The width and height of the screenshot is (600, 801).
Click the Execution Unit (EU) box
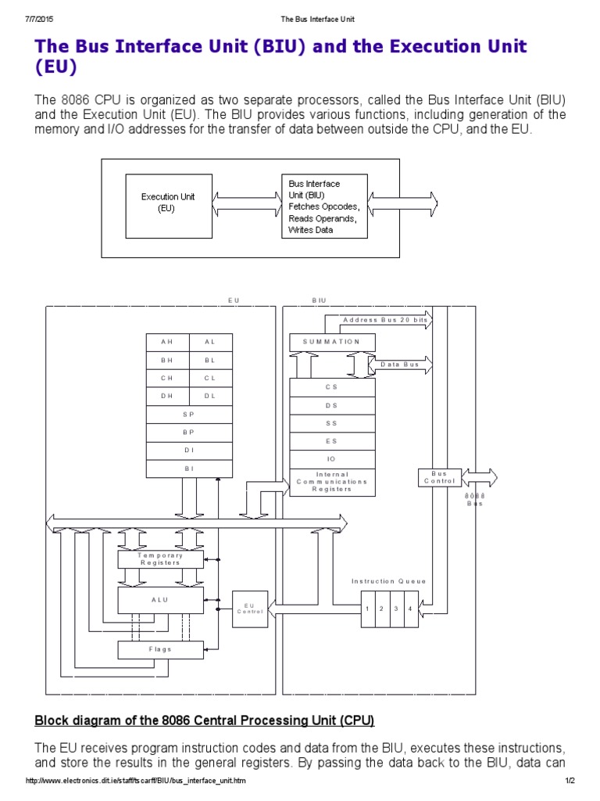click(168, 203)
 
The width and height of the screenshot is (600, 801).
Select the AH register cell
click(168, 342)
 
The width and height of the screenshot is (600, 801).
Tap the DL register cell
click(210, 396)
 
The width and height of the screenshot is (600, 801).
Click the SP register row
click(189, 414)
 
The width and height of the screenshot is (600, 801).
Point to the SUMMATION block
click(332, 342)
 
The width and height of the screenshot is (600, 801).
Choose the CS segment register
click(332, 387)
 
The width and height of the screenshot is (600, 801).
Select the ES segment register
click(332, 441)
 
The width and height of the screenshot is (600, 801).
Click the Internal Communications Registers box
click(332, 482)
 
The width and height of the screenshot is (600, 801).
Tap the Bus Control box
click(439, 477)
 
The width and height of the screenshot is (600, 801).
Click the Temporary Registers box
click(160, 559)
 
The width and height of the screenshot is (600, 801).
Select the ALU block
click(160, 600)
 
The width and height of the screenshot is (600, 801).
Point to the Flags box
click(160, 649)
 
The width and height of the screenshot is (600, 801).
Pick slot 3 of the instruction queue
click(396, 609)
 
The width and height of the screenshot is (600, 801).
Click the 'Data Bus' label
click(399, 365)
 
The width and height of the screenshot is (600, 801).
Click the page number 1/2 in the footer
click(570, 782)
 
